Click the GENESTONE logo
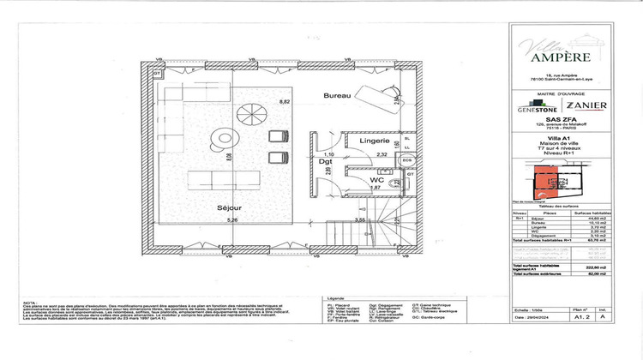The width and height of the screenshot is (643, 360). pos(537,109)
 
